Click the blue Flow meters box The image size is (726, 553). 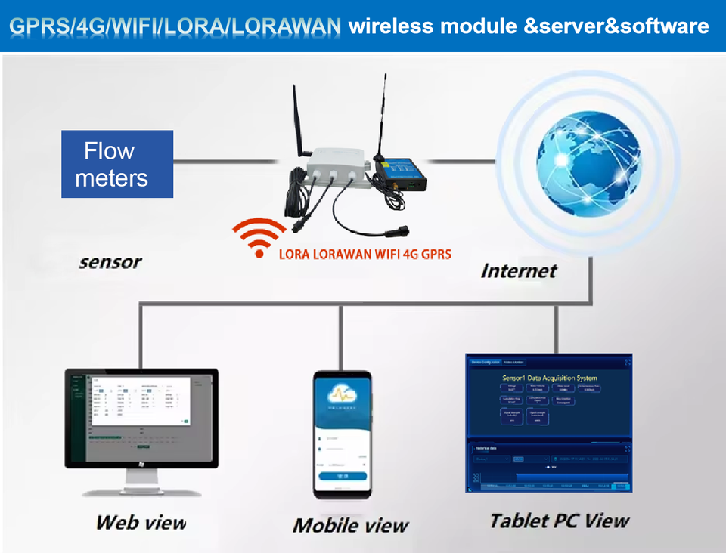click(117, 164)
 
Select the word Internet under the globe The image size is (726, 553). click(519, 270)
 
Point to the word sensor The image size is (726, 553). click(110, 262)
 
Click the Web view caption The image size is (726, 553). click(141, 521)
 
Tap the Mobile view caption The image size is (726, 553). click(350, 524)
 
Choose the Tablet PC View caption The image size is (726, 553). click(559, 520)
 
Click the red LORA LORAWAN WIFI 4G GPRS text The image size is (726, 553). click(365, 254)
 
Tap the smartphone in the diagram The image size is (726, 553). click(343, 434)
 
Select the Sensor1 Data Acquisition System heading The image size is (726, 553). click(550, 378)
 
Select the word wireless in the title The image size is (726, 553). click(390, 26)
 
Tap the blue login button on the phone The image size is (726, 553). click(343, 476)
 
